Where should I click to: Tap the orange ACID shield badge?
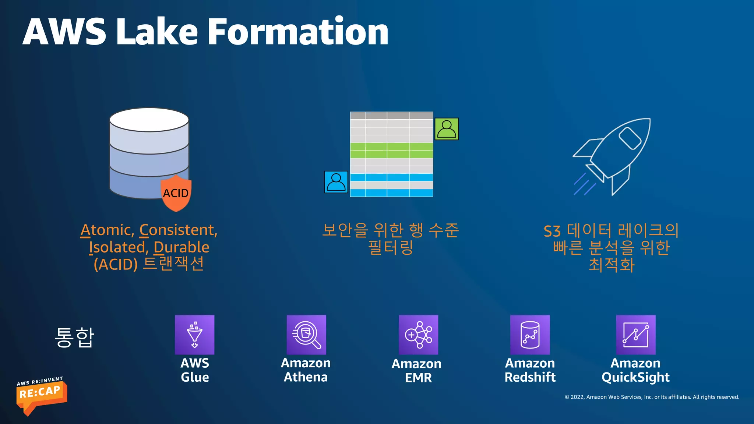(176, 194)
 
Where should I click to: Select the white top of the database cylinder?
(149, 120)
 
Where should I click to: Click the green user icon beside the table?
(447, 129)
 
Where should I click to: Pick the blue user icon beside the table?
(336, 182)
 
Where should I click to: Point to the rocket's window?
(630, 138)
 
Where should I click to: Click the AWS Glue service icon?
(194, 335)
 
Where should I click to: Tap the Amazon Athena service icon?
(306, 335)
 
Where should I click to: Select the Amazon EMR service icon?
(418, 335)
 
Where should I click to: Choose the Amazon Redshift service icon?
(530, 335)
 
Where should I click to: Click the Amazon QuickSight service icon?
(636, 335)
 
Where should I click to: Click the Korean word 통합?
(74, 337)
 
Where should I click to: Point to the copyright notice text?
(652, 397)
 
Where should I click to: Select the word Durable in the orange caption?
(181, 247)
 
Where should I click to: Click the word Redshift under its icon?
(530, 377)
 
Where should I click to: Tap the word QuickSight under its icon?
(635, 377)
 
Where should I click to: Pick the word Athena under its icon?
(306, 377)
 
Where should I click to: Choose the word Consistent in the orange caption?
(178, 230)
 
